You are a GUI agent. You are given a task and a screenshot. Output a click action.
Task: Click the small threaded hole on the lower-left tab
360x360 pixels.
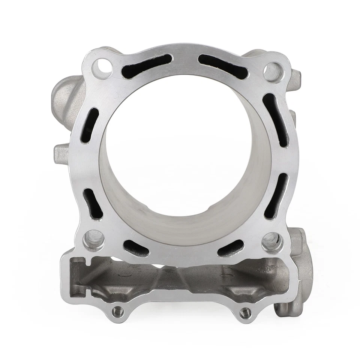(x=118, y=310)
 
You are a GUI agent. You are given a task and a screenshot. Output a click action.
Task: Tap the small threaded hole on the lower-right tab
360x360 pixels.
(x=245, y=312)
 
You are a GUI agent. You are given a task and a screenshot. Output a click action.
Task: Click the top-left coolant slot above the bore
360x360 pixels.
(x=146, y=66)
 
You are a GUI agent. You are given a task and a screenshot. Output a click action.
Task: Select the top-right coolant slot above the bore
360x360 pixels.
(x=223, y=66)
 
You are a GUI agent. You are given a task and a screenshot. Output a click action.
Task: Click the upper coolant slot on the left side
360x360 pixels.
(x=90, y=125)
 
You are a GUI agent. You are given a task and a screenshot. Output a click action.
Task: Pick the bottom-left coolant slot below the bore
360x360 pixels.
(x=136, y=248)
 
